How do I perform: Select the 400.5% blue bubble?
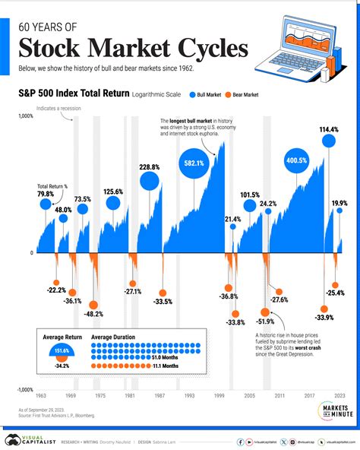click(x=297, y=160)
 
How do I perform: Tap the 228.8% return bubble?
click(x=150, y=182)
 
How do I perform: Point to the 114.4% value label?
click(x=329, y=130)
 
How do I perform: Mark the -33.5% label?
click(x=162, y=301)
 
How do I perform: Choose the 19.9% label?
click(x=339, y=203)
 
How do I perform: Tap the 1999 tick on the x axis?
click(x=219, y=396)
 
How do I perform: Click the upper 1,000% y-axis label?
click(x=25, y=116)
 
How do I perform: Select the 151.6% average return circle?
click(x=62, y=350)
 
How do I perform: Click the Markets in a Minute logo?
click(x=329, y=410)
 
